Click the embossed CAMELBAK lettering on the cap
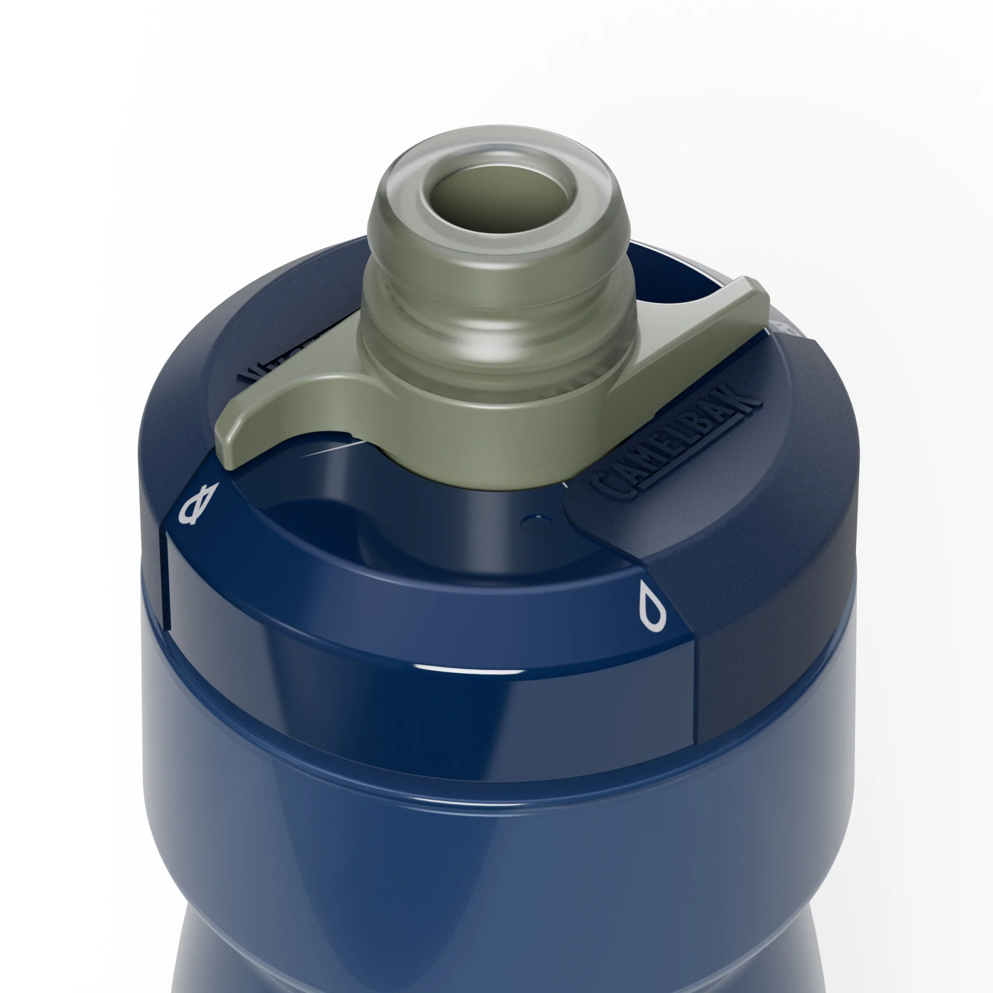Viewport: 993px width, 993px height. (x=674, y=441)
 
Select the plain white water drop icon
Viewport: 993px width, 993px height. (x=653, y=610)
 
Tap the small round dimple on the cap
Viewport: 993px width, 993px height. (x=534, y=523)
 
